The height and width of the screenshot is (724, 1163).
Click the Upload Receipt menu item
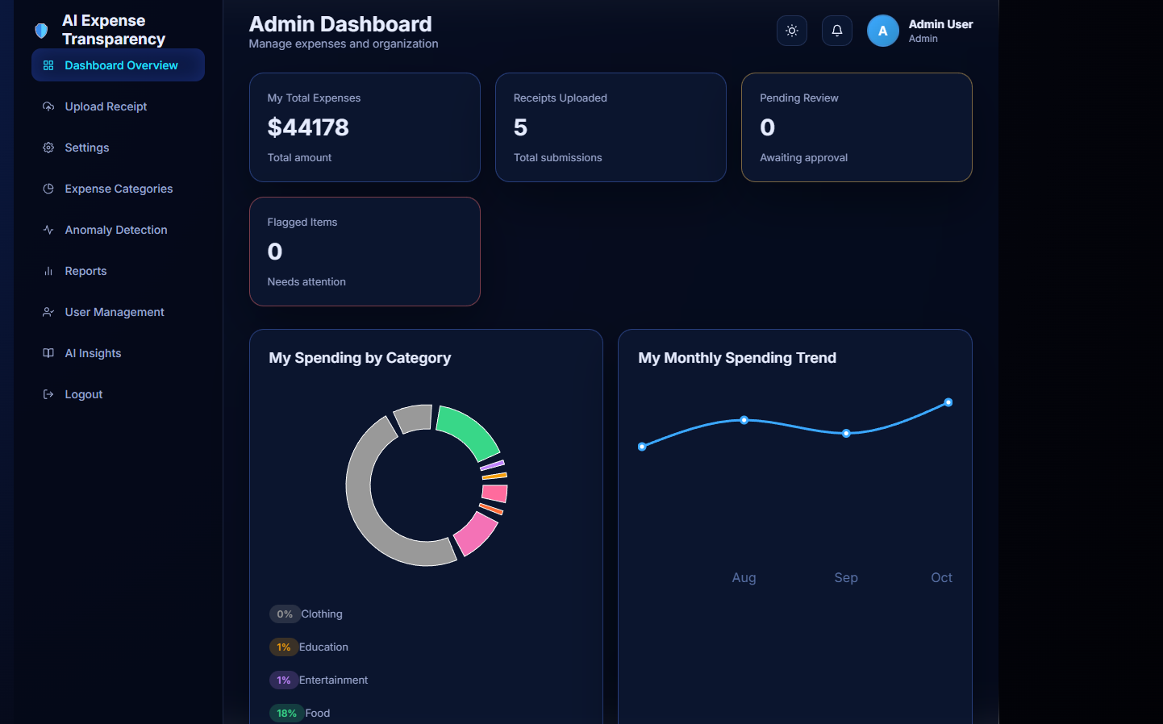[106, 106]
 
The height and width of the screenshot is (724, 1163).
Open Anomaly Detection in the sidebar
[116, 230]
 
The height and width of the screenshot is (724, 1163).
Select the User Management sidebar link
[115, 312]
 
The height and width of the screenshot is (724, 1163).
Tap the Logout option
[84, 394]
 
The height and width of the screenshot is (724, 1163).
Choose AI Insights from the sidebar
[93, 353]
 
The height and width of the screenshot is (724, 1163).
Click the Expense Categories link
[119, 189]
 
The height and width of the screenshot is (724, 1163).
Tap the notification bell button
[837, 31]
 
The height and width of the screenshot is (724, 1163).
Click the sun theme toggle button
[792, 31]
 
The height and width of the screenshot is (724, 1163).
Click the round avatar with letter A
[883, 31]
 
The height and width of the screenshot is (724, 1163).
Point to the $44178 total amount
[308, 127]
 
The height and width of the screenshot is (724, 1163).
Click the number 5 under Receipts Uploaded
[520, 127]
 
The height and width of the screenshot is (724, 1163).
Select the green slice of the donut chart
[470, 431]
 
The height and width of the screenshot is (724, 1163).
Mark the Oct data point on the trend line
[948, 402]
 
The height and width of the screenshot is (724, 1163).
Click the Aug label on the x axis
[744, 577]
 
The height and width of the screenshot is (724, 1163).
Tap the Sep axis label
[846, 577]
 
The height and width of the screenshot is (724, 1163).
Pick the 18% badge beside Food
[286, 713]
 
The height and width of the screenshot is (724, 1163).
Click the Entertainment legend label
[333, 680]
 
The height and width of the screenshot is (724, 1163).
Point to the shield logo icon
[41, 31]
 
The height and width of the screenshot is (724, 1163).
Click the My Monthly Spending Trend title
[737, 358]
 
